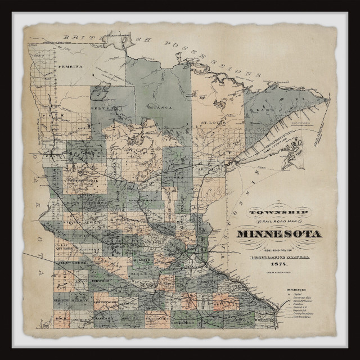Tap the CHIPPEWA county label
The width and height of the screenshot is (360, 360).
pyautogui.click(x=91, y=248)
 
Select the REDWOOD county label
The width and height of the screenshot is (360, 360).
pyautogui.click(x=101, y=280)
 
